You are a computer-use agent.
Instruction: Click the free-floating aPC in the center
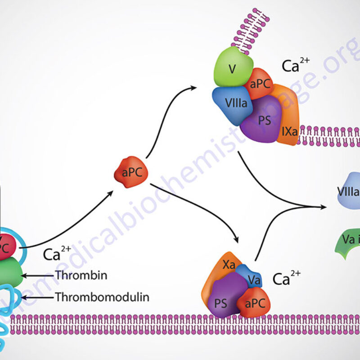[x=131, y=172]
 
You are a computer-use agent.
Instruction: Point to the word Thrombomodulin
[x=102, y=297]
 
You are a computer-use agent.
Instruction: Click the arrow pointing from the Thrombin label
[x=38, y=275]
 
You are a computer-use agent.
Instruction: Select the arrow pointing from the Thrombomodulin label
[x=38, y=297]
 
